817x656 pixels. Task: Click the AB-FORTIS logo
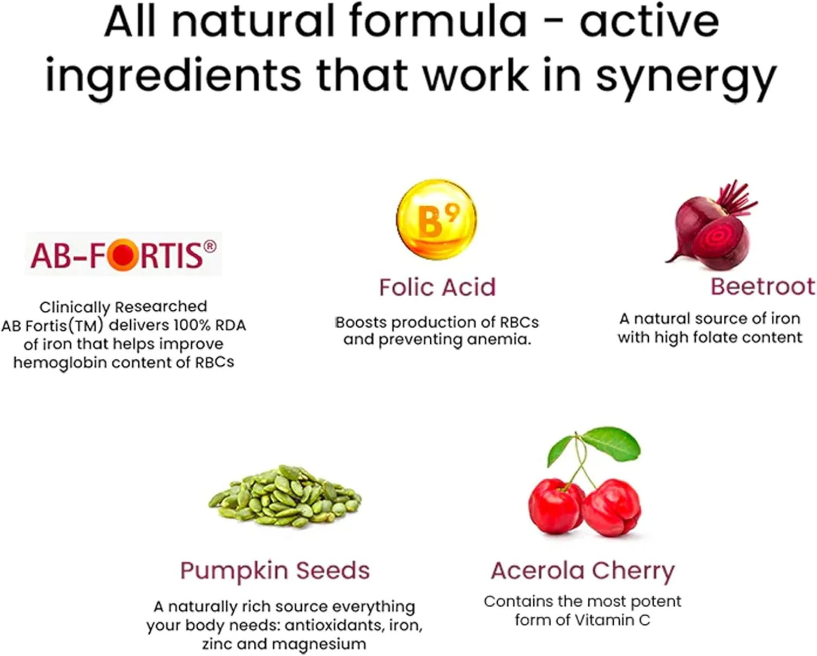[x=123, y=255]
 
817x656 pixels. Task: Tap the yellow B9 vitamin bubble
[x=436, y=219]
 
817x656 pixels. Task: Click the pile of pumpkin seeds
[x=285, y=496]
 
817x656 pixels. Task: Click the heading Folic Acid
[x=437, y=287]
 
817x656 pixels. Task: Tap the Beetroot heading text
[x=763, y=286]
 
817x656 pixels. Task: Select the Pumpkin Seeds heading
[x=275, y=571]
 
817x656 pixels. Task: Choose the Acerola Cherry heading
[x=582, y=571]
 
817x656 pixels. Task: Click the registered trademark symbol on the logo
[x=209, y=247]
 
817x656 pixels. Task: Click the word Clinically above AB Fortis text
[x=74, y=307]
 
